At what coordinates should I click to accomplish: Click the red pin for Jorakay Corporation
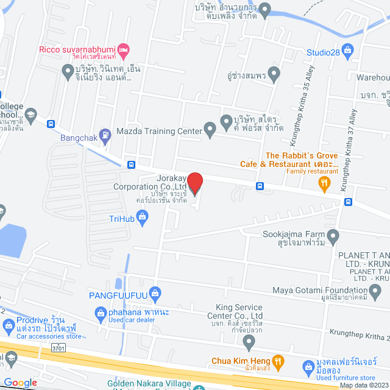[194, 183]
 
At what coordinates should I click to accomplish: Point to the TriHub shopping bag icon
[143, 215]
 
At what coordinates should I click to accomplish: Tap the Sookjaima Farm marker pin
[333, 235]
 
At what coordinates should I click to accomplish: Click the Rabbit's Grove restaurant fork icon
[325, 181]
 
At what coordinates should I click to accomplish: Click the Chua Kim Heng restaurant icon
[278, 361]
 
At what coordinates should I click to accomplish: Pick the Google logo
[21, 382]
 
